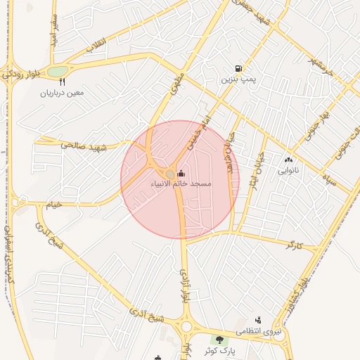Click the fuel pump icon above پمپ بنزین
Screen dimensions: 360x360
click(x=239, y=69)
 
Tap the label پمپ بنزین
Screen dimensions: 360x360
click(x=239, y=79)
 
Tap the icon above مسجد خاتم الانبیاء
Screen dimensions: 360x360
click(x=181, y=173)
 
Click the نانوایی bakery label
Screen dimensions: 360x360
click(x=288, y=170)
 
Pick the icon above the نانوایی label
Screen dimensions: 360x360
click(x=288, y=160)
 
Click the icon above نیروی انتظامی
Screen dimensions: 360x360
click(x=258, y=320)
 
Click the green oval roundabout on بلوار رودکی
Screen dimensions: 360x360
click(x=58, y=71)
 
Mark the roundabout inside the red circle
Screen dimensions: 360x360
click(x=170, y=174)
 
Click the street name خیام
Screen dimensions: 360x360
click(x=54, y=205)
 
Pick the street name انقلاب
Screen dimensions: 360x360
click(x=94, y=44)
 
